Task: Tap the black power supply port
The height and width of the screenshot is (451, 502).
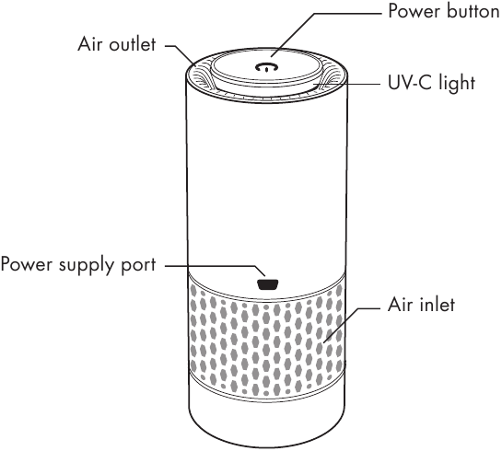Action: (x=268, y=284)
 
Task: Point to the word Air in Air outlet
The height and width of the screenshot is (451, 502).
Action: (x=90, y=44)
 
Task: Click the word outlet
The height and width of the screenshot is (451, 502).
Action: (x=133, y=44)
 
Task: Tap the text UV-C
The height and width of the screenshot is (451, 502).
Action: (x=410, y=83)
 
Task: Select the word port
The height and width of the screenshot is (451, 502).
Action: (x=138, y=266)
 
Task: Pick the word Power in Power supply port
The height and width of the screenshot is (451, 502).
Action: (x=27, y=264)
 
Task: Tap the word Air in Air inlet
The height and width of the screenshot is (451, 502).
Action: (x=400, y=305)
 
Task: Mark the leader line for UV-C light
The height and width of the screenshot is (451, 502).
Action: (x=346, y=84)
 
